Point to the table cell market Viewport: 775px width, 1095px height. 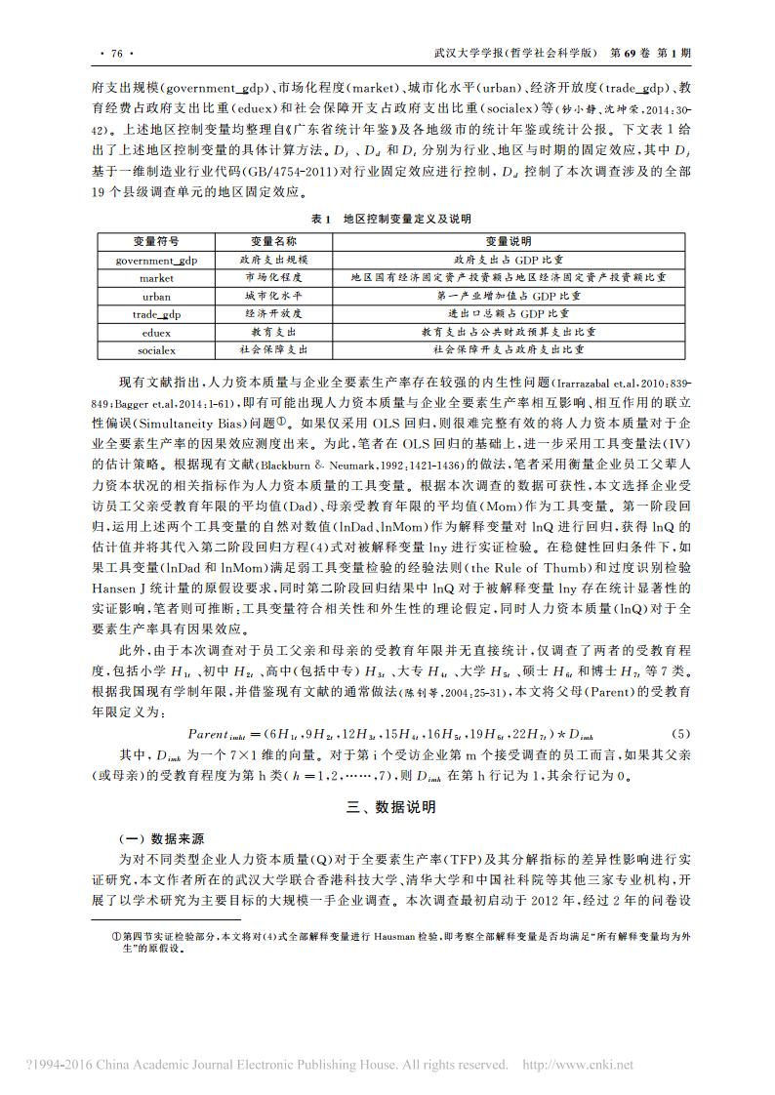(156, 278)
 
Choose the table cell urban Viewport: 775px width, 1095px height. (156, 296)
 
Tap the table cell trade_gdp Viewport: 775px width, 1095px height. (156, 313)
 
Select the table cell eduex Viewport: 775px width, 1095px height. (156, 331)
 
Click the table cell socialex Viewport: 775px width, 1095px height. (156, 348)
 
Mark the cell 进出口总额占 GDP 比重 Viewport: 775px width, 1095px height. (508, 313)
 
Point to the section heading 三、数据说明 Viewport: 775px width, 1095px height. (387, 807)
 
